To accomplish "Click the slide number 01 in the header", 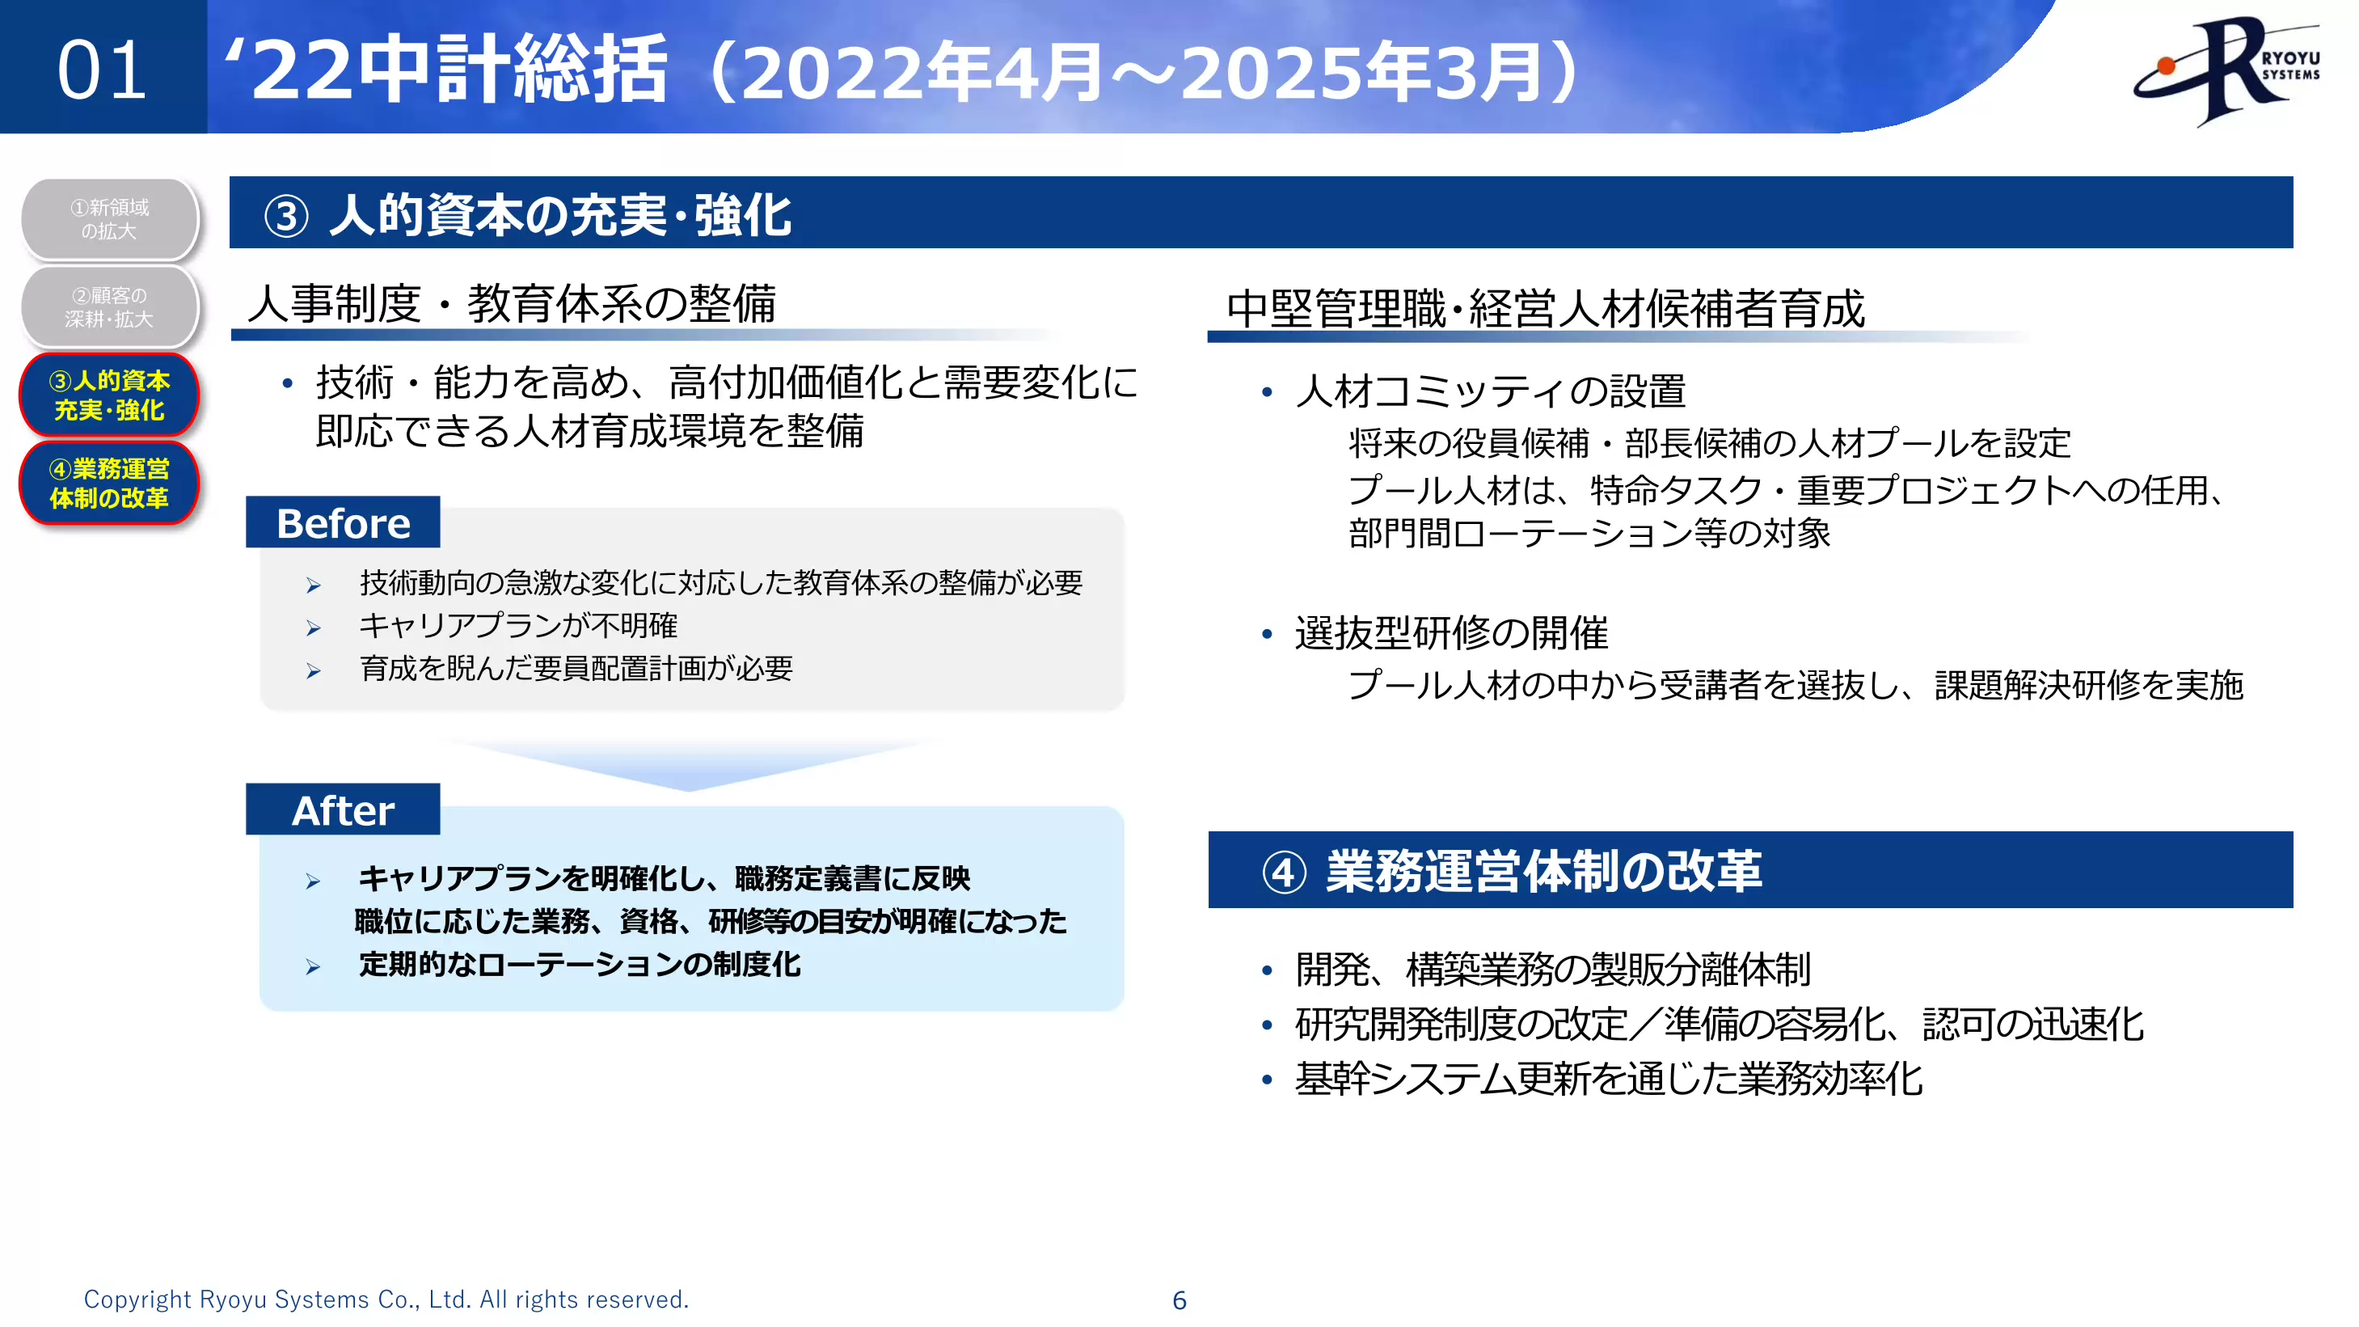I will point(102,70).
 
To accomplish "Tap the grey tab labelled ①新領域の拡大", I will point(109,219).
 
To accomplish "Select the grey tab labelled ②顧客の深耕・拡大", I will point(109,306).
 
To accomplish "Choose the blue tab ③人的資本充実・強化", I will point(109,395).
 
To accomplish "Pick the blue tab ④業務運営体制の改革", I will point(109,483).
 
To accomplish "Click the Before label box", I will point(343,523).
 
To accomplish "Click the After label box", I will point(343,809).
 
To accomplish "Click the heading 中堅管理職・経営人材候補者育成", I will point(1545,309).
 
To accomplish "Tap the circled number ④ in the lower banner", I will point(1283,872).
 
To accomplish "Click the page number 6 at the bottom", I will point(1179,1300).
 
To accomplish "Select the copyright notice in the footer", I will point(386,1300).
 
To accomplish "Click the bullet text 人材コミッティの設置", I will point(1490,391).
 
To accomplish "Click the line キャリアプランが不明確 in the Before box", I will point(517,626).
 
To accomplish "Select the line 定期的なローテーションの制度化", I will point(579,965).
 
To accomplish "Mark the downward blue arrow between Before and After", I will point(690,765).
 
